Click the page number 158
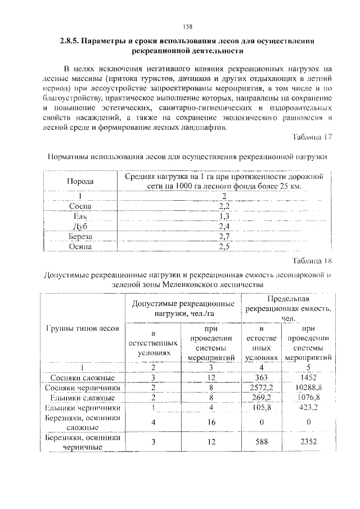click(x=188, y=26)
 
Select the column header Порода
click(x=81, y=182)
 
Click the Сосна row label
click(x=79, y=206)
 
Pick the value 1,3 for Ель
click(x=224, y=216)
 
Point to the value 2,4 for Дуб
click(x=224, y=226)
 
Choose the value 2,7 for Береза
click(x=224, y=236)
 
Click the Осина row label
click(x=79, y=246)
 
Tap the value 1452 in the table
click(x=309, y=377)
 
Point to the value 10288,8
click(x=309, y=388)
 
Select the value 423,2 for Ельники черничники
click(x=309, y=408)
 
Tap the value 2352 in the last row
click(x=309, y=442)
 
